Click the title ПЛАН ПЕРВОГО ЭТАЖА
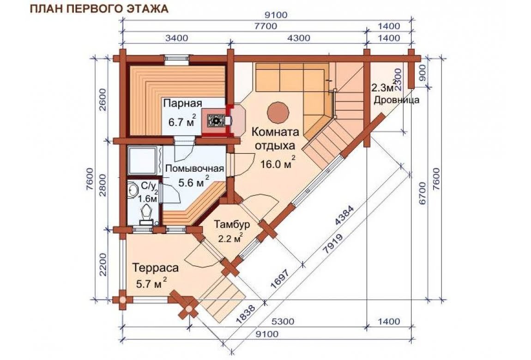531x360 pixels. [x=99, y=8]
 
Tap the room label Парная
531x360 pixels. [x=182, y=103]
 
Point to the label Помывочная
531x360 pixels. [x=195, y=168]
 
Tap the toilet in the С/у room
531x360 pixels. [x=146, y=213]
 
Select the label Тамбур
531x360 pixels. [x=232, y=224]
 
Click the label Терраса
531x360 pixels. [x=156, y=268]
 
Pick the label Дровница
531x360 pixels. [x=396, y=100]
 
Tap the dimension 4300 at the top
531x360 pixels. [x=298, y=37]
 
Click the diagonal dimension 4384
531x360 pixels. [x=344, y=216]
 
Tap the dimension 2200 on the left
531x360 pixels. [x=103, y=264]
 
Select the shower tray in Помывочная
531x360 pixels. [x=143, y=161]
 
